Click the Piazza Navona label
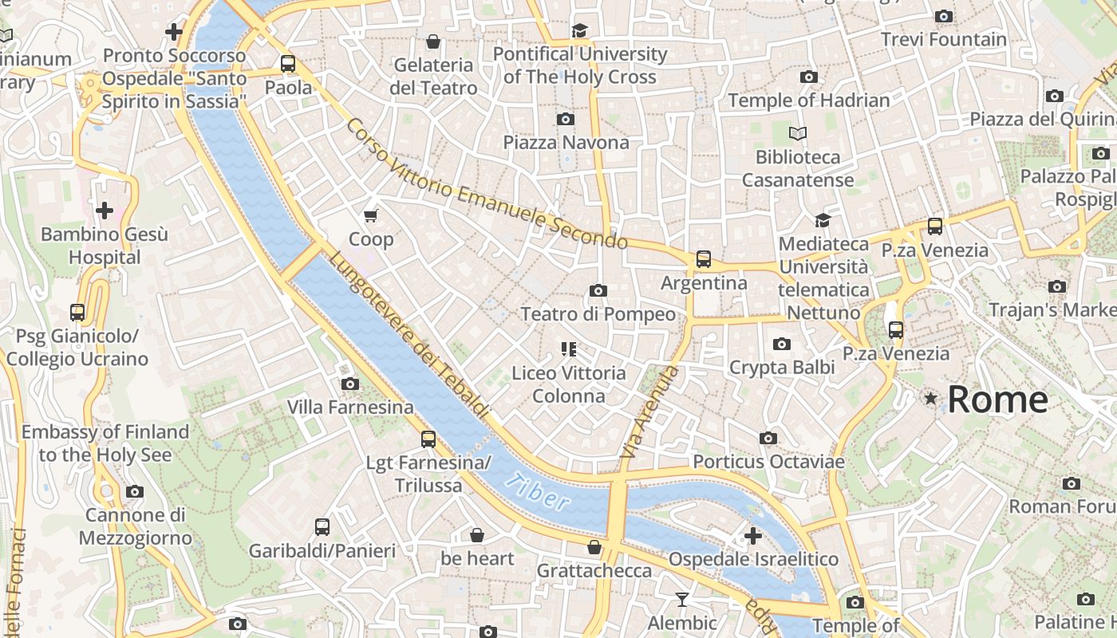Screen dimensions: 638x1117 (x=566, y=143)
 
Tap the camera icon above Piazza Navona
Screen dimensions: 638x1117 (x=566, y=120)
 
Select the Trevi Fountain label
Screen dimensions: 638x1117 (x=944, y=39)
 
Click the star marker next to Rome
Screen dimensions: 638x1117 (x=930, y=398)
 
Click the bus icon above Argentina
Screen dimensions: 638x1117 (x=703, y=259)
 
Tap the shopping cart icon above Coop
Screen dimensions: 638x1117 (x=370, y=215)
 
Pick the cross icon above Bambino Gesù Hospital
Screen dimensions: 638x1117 (x=105, y=211)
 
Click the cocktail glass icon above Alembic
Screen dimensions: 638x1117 (x=682, y=599)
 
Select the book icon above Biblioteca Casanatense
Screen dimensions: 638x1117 (x=797, y=133)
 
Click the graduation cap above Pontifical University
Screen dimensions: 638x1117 (x=579, y=30)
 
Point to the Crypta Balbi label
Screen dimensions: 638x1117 (x=782, y=368)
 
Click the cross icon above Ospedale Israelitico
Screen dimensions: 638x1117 (x=752, y=535)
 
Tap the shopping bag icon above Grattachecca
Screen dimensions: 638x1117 (x=594, y=547)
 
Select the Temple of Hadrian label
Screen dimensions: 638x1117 (x=808, y=100)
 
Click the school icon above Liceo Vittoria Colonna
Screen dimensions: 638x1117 (x=568, y=349)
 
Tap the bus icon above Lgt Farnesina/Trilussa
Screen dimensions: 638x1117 (x=428, y=439)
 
